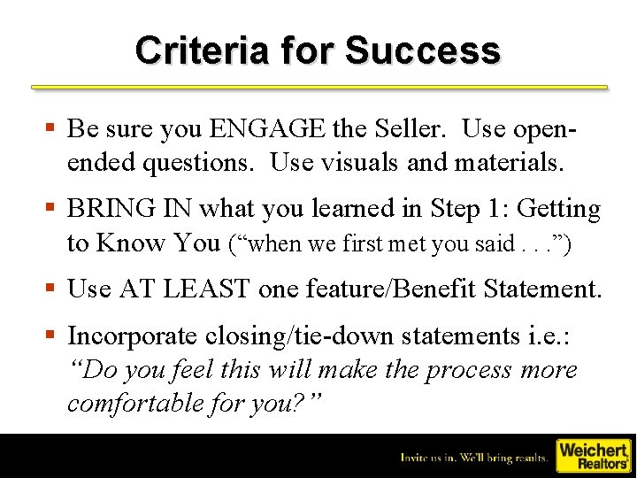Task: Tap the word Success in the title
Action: (423, 50)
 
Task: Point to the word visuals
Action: (361, 163)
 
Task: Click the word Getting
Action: (558, 209)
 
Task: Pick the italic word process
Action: (466, 369)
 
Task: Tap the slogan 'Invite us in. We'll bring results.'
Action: (473, 458)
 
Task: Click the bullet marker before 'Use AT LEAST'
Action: (54, 288)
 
